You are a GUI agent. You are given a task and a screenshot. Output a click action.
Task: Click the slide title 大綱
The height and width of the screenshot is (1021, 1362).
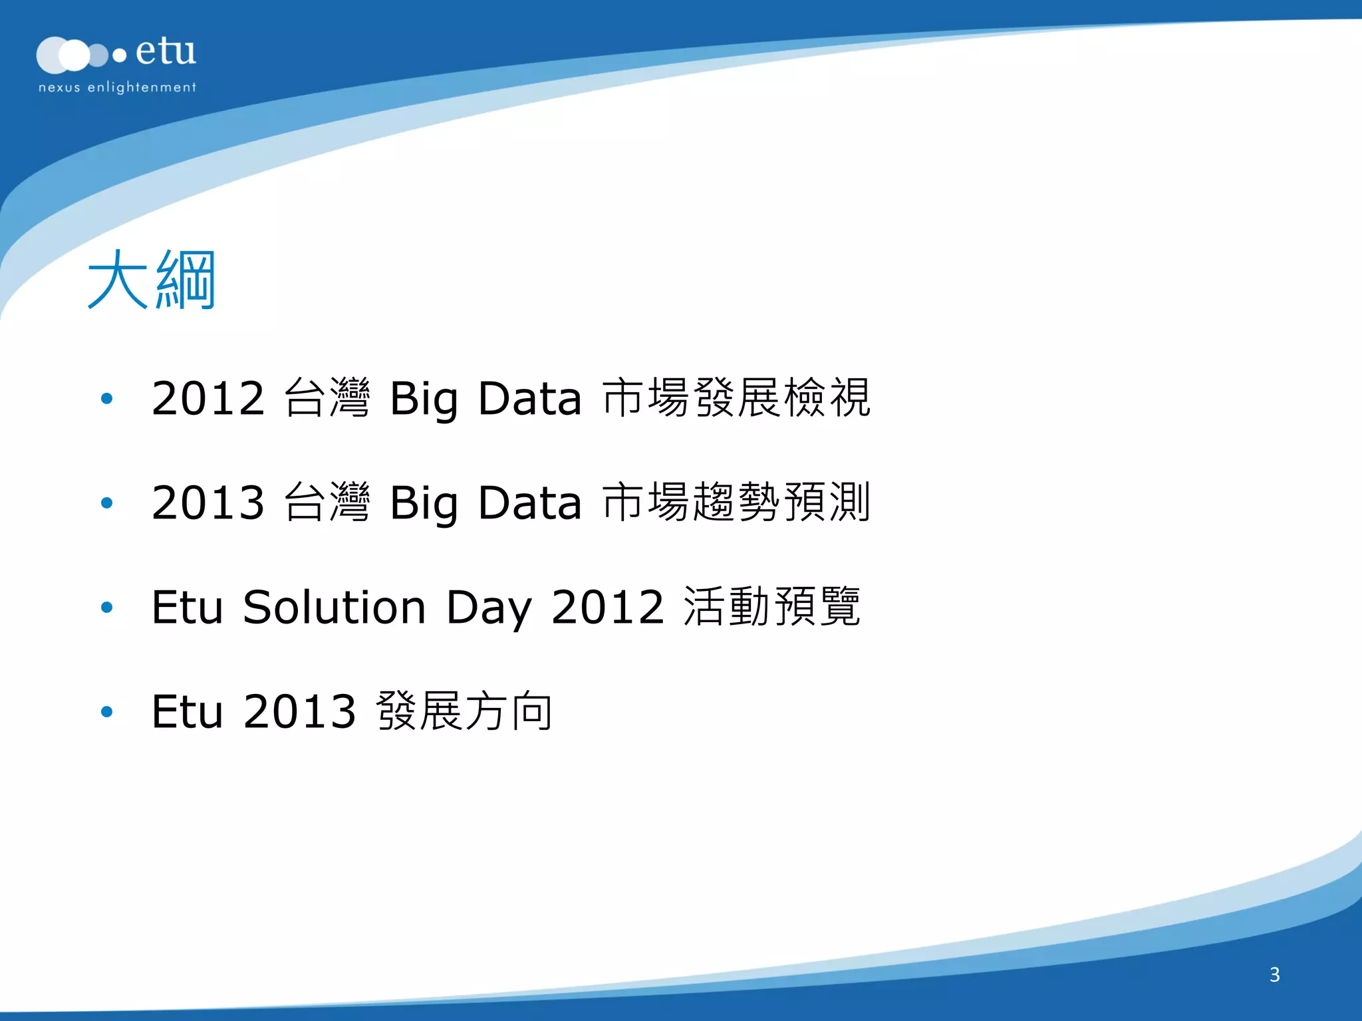click(x=152, y=280)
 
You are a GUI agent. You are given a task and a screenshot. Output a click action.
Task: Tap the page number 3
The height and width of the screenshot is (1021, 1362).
click(x=1274, y=974)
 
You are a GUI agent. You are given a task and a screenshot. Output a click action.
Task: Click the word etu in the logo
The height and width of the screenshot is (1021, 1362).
click(x=166, y=52)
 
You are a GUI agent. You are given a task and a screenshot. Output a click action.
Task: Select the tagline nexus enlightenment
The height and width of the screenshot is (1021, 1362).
click(x=117, y=87)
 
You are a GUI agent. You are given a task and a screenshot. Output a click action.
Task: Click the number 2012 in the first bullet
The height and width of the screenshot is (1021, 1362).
click(x=208, y=398)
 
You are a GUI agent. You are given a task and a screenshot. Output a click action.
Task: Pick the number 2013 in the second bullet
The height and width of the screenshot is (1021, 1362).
click(x=208, y=503)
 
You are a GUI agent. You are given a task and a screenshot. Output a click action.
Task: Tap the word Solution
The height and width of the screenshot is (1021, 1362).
click(x=334, y=607)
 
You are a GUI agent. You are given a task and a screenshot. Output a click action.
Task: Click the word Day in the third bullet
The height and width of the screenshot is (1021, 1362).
click(x=488, y=607)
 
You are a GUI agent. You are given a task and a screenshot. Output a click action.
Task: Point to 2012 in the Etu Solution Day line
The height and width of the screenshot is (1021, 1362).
click(x=608, y=607)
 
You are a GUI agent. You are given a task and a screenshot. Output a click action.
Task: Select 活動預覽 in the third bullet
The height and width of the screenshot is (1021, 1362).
click(x=772, y=607)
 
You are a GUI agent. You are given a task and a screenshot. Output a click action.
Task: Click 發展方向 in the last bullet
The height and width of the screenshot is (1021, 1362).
click(x=464, y=711)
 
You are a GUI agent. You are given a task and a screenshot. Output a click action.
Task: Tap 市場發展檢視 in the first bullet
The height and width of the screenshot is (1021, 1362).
click(x=736, y=398)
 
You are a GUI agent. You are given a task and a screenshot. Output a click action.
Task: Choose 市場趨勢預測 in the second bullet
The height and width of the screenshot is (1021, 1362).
click(x=736, y=503)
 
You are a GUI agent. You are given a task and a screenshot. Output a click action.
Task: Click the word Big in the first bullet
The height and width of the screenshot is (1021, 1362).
click(x=424, y=399)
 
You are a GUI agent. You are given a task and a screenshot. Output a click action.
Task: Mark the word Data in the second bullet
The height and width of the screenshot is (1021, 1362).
click(x=529, y=503)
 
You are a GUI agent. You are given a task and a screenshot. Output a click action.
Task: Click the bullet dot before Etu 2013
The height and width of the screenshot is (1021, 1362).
click(x=106, y=712)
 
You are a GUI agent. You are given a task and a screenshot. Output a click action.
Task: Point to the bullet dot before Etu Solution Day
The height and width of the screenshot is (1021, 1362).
click(x=106, y=608)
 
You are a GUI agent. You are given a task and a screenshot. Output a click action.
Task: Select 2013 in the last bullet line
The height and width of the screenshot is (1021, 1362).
click(x=300, y=711)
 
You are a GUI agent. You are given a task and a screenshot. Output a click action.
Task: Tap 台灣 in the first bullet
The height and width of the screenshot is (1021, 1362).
click(x=327, y=398)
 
